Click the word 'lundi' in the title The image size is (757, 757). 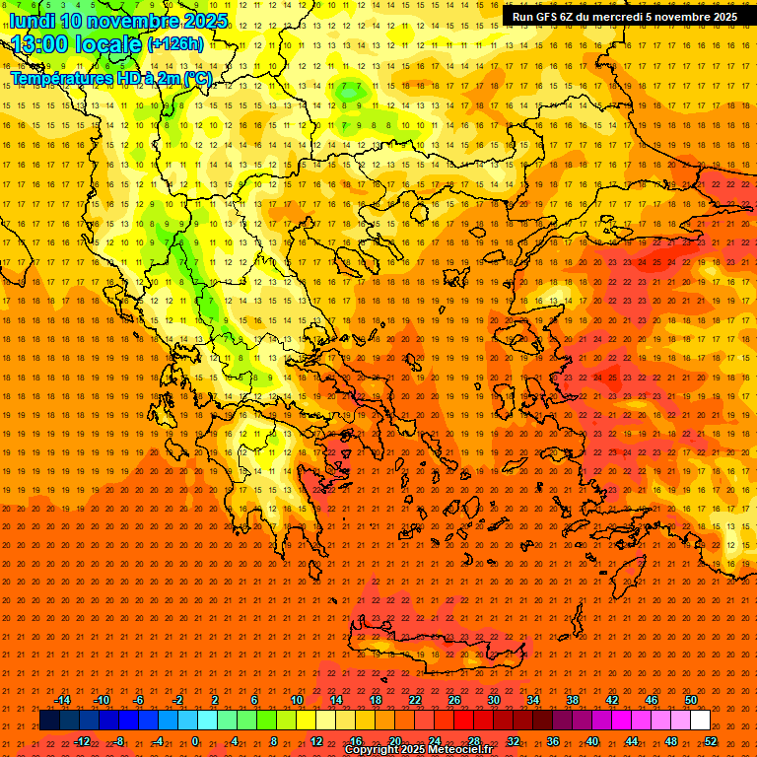pyautogui.click(x=31, y=21)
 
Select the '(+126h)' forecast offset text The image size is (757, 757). pyautogui.click(x=174, y=43)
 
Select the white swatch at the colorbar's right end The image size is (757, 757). pyautogui.click(x=700, y=721)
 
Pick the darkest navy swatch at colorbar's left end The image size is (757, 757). pyautogui.click(x=49, y=721)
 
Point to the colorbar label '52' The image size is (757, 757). pyautogui.click(x=711, y=741)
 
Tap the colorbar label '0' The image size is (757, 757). pyautogui.click(x=195, y=741)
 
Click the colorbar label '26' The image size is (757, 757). pyautogui.click(x=454, y=700)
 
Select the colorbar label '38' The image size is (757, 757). pyautogui.click(x=573, y=700)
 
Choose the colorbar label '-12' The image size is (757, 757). pyautogui.click(x=83, y=741)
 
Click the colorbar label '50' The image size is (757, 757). pyautogui.click(x=691, y=700)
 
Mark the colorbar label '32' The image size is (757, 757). pyautogui.click(x=514, y=741)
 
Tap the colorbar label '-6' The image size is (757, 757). pyautogui.click(x=139, y=700)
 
